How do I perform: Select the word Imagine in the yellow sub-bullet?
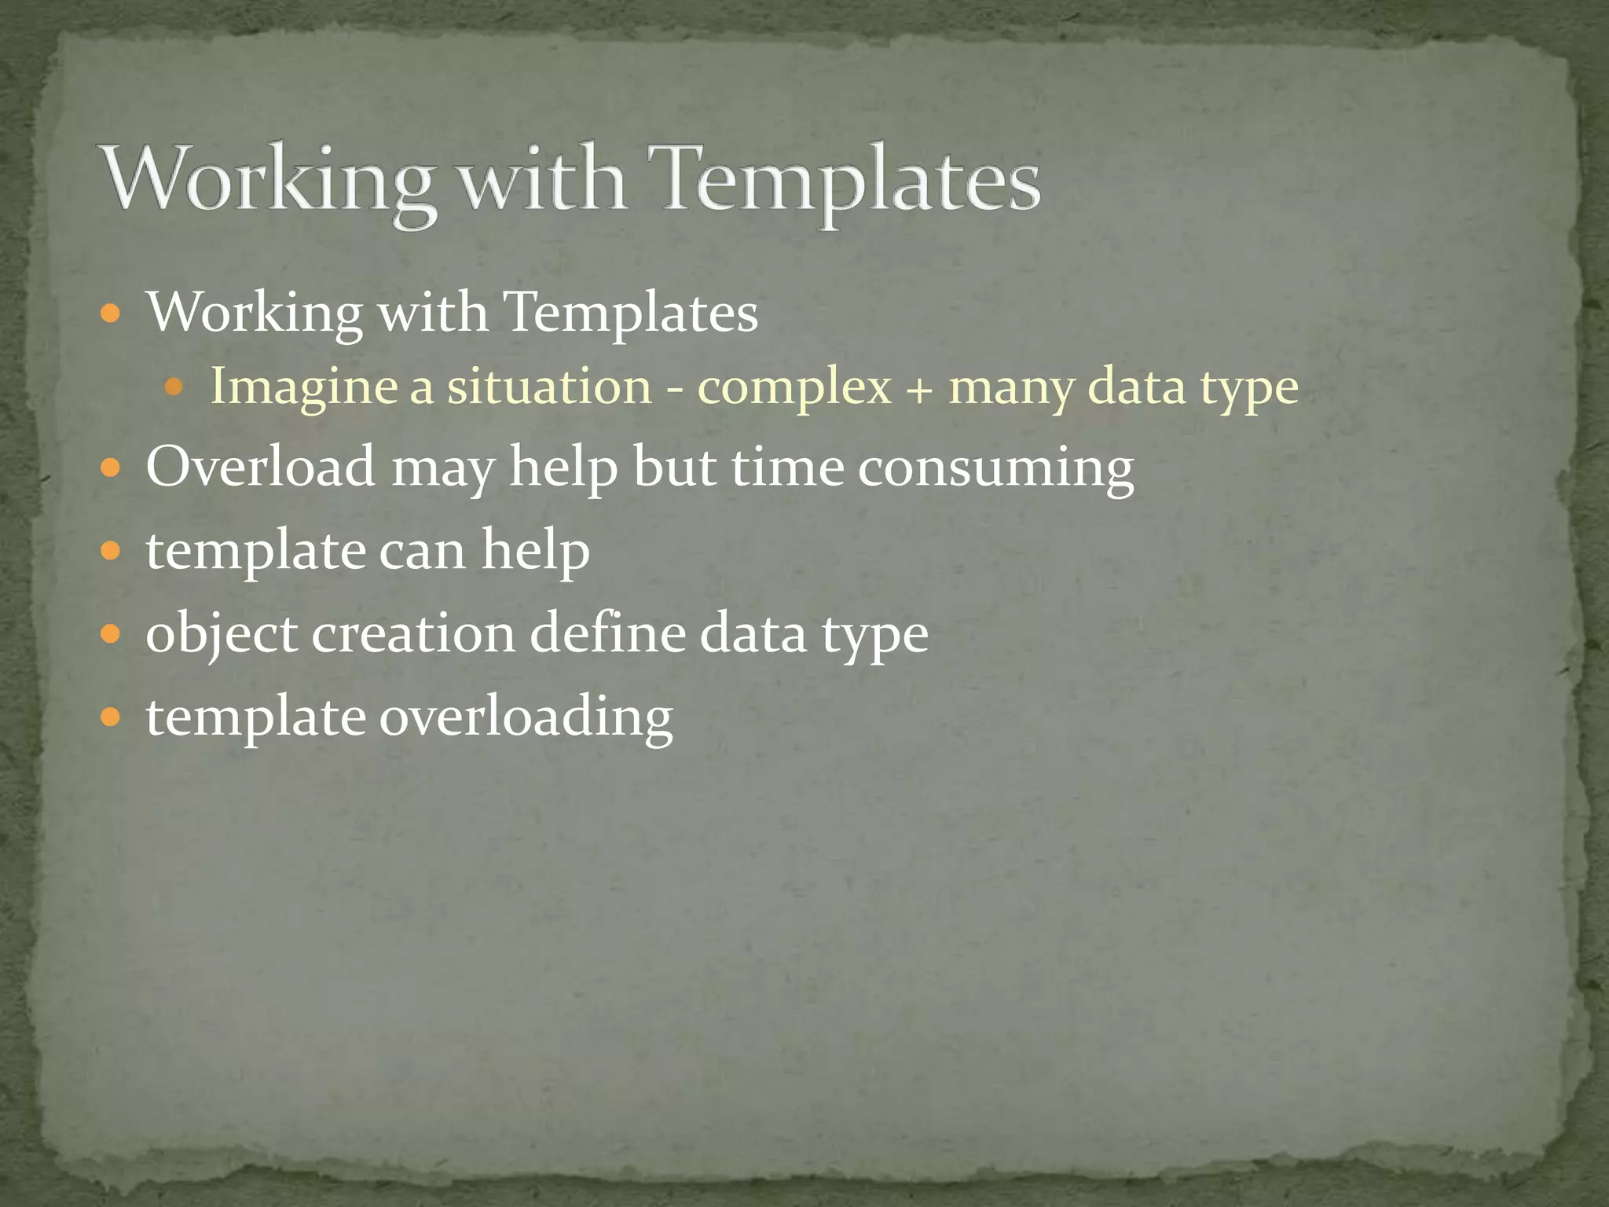point(304,387)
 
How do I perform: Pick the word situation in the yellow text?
point(549,387)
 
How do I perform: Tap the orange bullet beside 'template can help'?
point(112,550)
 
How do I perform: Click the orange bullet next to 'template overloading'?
point(112,717)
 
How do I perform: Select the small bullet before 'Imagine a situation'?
point(174,387)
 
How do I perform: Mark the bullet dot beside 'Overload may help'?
point(112,468)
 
